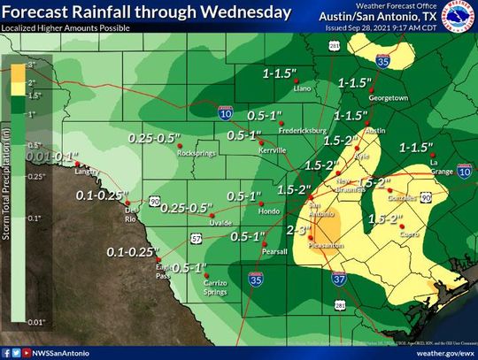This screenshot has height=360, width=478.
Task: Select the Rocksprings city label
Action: pos(196,152)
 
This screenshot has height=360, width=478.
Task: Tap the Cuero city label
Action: pos(409,234)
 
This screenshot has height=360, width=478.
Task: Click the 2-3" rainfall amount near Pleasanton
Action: pos(299,229)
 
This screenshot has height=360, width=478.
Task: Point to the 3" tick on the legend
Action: pos(29,65)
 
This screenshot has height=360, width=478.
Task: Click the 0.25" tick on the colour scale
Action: pos(33,176)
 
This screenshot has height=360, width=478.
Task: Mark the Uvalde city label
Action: pos(220,222)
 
